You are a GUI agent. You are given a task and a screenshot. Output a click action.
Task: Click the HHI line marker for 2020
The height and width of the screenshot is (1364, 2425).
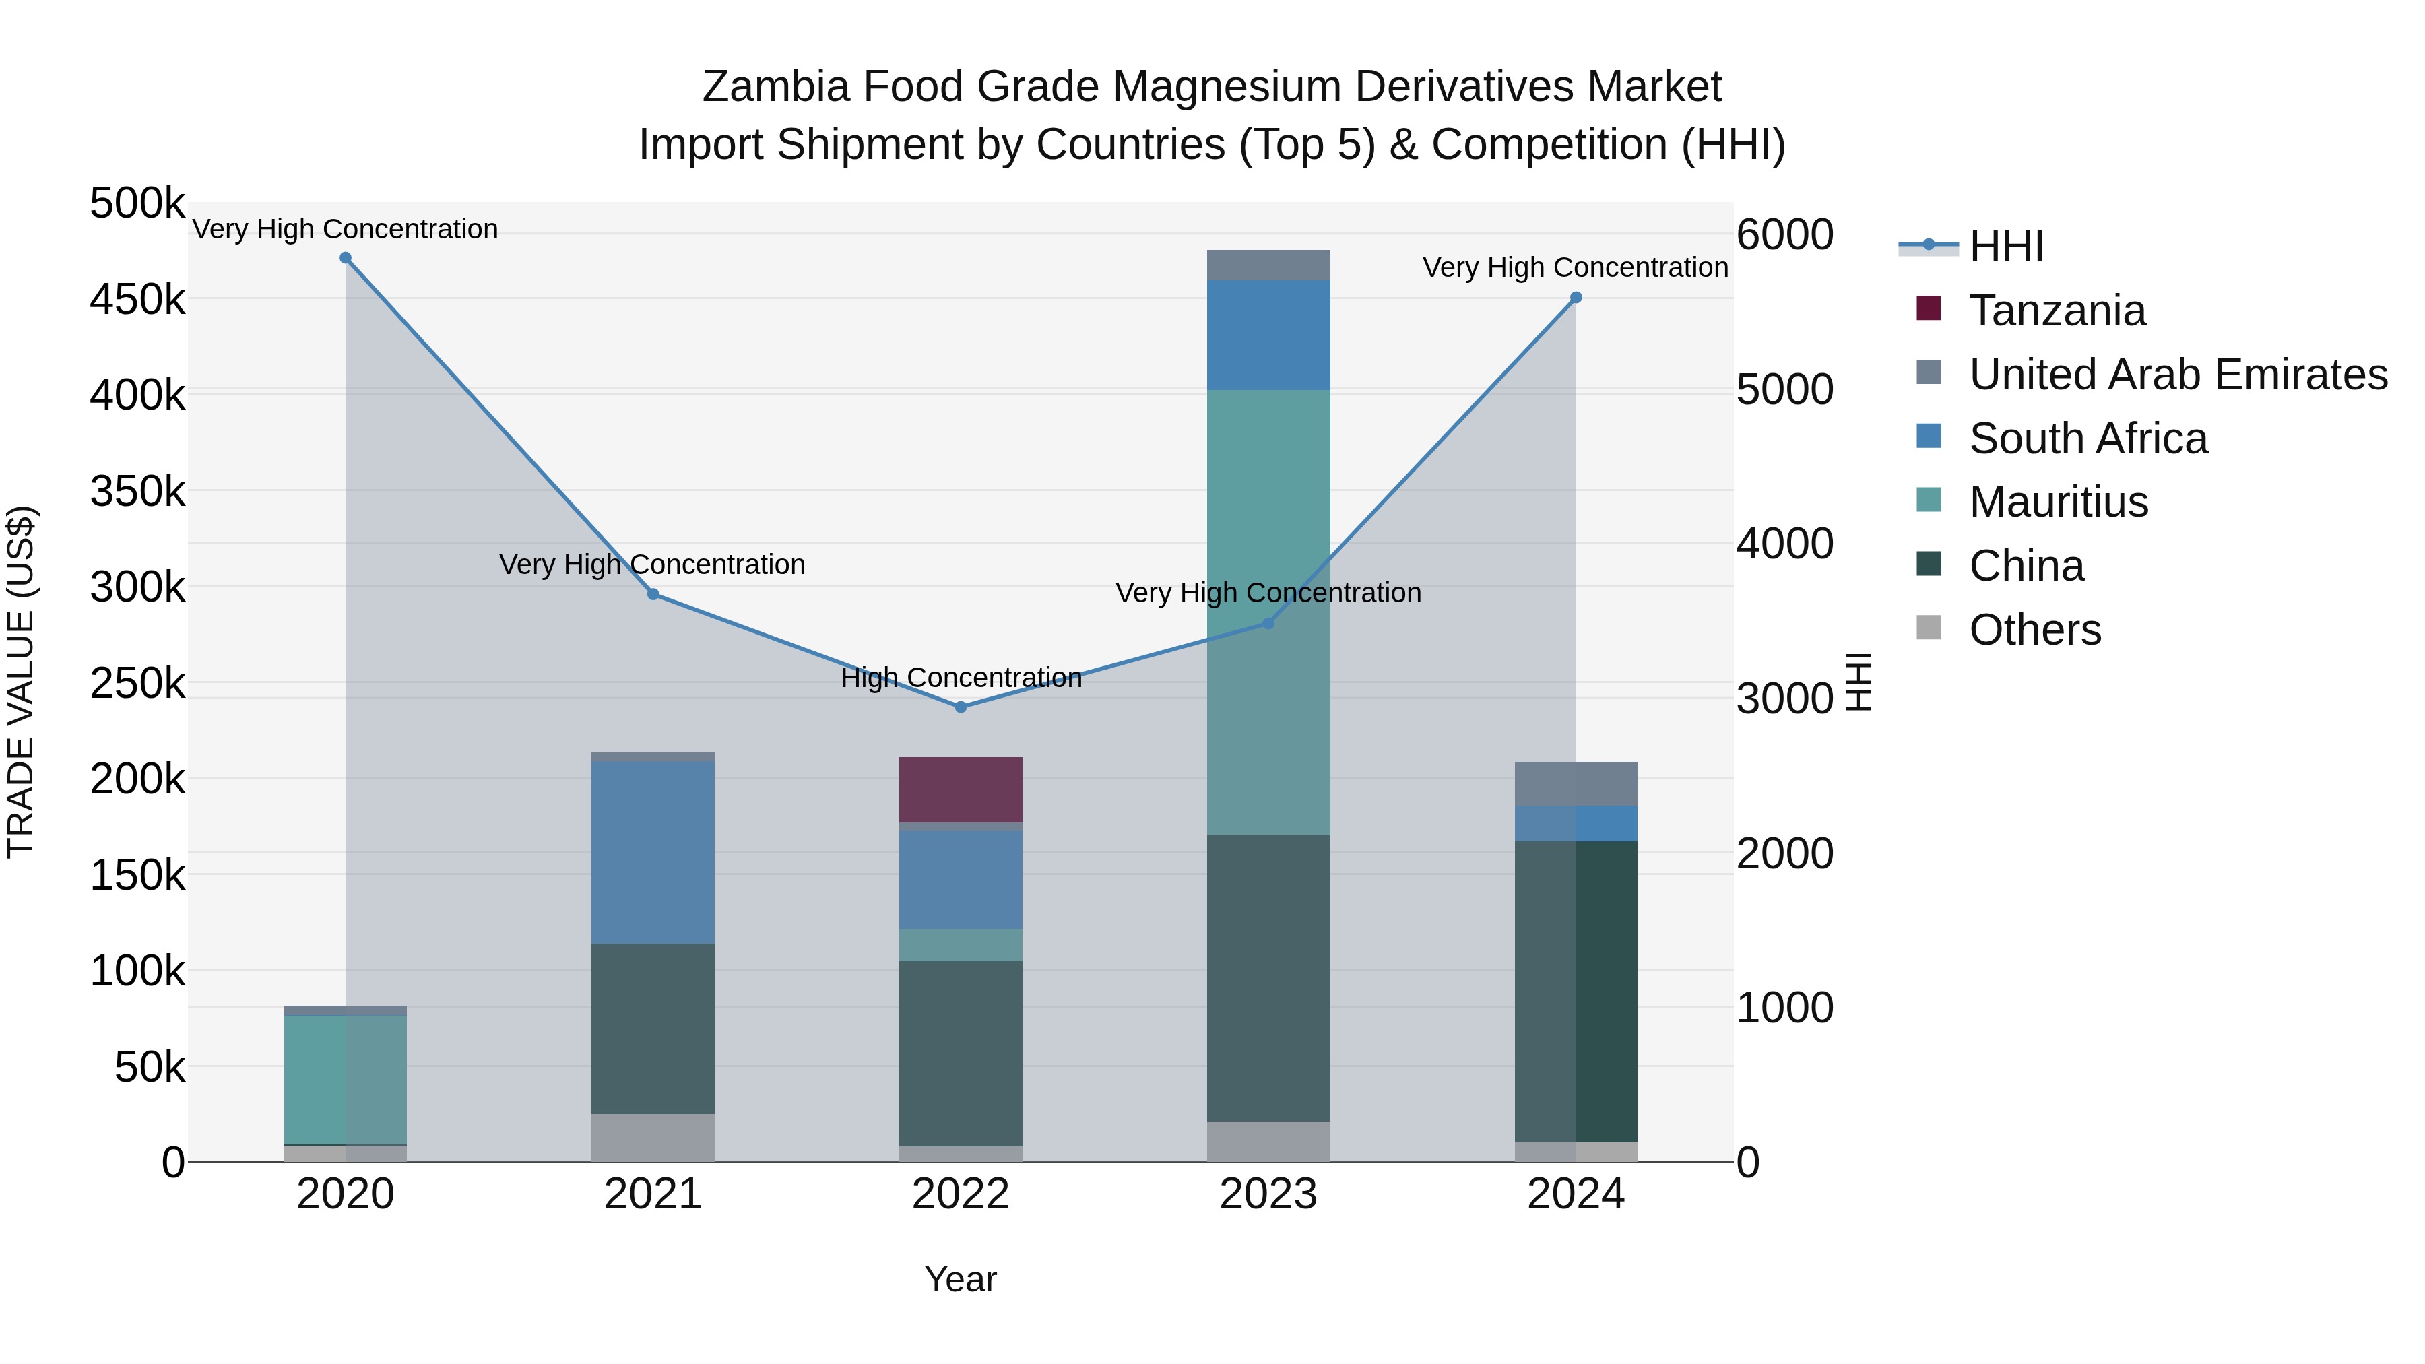(x=346, y=258)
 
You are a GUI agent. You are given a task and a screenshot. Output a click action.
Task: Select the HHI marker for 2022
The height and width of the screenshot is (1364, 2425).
(x=960, y=707)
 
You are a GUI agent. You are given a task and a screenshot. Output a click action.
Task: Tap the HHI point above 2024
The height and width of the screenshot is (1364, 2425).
(x=1576, y=298)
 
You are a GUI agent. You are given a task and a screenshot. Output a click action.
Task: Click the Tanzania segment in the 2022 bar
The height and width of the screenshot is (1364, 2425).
(x=960, y=790)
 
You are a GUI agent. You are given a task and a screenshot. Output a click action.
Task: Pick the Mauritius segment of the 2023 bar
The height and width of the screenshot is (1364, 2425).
(x=1268, y=612)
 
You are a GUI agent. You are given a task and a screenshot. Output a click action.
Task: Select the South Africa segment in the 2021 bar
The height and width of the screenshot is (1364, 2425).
(x=652, y=853)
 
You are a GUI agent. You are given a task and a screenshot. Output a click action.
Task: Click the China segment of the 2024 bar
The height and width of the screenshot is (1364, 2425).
(x=1576, y=992)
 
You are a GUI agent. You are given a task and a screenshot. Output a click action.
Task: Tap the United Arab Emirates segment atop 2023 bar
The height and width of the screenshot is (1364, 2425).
(x=1268, y=265)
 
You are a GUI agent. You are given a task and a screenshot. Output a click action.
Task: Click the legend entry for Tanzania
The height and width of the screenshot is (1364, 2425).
(x=2057, y=311)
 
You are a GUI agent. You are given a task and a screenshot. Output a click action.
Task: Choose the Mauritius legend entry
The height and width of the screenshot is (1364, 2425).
(x=2058, y=502)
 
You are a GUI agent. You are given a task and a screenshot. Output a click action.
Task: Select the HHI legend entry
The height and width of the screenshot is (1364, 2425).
(x=2005, y=247)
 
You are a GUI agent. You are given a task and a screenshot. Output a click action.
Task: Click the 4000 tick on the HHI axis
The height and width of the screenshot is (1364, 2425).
(x=1784, y=544)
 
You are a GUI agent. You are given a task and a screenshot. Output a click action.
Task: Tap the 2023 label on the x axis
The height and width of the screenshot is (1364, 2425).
(x=1268, y=1194)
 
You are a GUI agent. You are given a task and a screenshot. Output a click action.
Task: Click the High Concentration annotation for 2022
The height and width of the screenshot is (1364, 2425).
(x=960, y=678)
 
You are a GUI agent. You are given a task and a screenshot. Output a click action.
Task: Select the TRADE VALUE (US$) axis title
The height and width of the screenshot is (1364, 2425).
(x=22, y=682)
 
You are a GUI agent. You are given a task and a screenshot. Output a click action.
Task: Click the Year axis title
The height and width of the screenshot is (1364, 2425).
(x=960, y=1279)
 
